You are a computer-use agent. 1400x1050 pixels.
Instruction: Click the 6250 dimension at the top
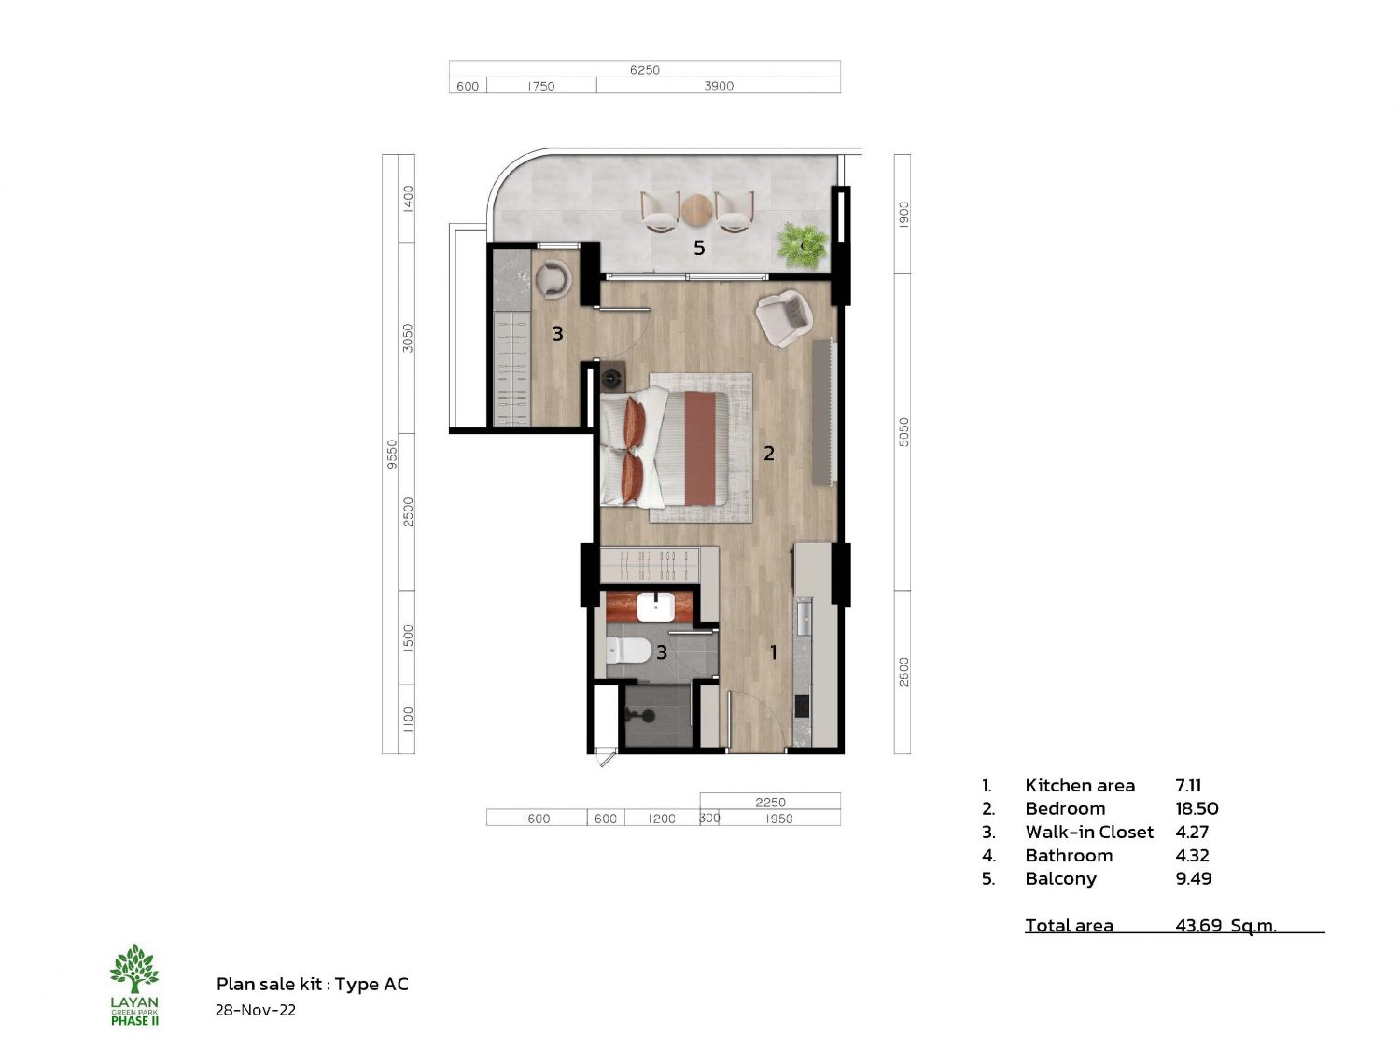644,69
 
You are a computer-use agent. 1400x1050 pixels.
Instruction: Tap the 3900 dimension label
718,86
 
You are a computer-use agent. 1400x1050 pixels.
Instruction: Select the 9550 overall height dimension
392,454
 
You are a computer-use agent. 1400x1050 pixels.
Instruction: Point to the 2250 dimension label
770,802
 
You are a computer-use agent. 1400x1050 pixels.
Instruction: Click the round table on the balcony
696,210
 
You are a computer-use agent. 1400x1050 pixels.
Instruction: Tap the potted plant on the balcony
802,245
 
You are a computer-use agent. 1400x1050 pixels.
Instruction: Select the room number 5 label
699,247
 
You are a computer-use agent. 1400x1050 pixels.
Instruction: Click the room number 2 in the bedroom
768,454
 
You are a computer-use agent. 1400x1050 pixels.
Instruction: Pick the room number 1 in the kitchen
773,651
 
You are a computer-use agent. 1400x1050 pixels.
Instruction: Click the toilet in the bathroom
620,650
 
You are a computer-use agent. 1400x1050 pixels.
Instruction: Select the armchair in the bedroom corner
784,318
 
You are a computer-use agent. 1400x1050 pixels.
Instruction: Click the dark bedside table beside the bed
613,376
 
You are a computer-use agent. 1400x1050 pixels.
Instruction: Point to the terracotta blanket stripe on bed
700,448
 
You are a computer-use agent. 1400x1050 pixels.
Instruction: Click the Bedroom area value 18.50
1197,808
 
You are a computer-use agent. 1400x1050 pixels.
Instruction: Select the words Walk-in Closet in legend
1089,832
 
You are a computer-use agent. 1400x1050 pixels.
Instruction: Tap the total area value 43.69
1197,925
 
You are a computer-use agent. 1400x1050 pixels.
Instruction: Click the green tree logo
134,969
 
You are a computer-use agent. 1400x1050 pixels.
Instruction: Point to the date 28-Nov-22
255,1010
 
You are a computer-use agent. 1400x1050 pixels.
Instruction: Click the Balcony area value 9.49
1194,878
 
